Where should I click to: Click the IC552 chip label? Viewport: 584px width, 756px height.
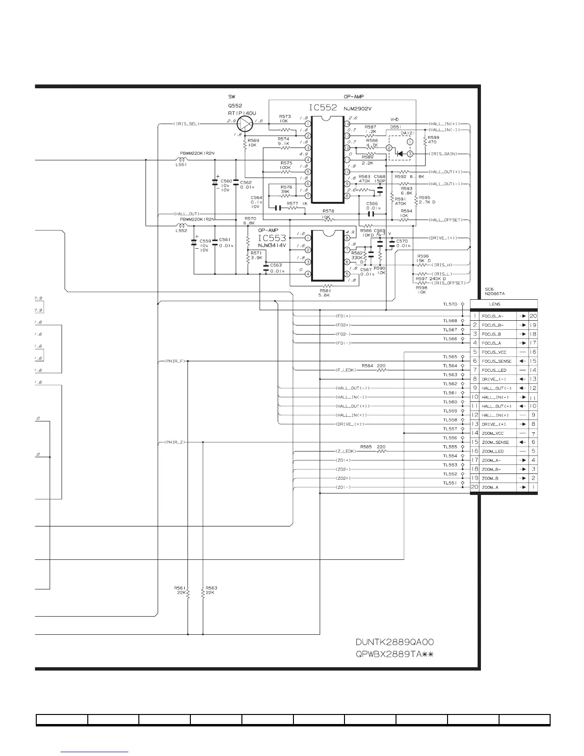click(323, 108)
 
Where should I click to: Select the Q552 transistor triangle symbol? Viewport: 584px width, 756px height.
click(244, 124)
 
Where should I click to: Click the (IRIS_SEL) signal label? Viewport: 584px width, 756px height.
click(186, 124)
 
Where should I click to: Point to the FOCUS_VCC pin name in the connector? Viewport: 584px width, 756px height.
click(494, 352)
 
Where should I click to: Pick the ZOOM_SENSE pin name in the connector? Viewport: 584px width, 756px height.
click(495, 442)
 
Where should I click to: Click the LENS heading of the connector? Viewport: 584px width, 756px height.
click(494, 304)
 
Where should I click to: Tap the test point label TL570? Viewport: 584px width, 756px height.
click(450, 304)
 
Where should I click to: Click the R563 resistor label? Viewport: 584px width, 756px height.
click(211, 588)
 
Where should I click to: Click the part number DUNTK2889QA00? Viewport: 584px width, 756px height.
click(394, 642)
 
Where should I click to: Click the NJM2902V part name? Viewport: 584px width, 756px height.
click(357, 109)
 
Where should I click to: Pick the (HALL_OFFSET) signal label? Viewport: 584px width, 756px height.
click(446, 220)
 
